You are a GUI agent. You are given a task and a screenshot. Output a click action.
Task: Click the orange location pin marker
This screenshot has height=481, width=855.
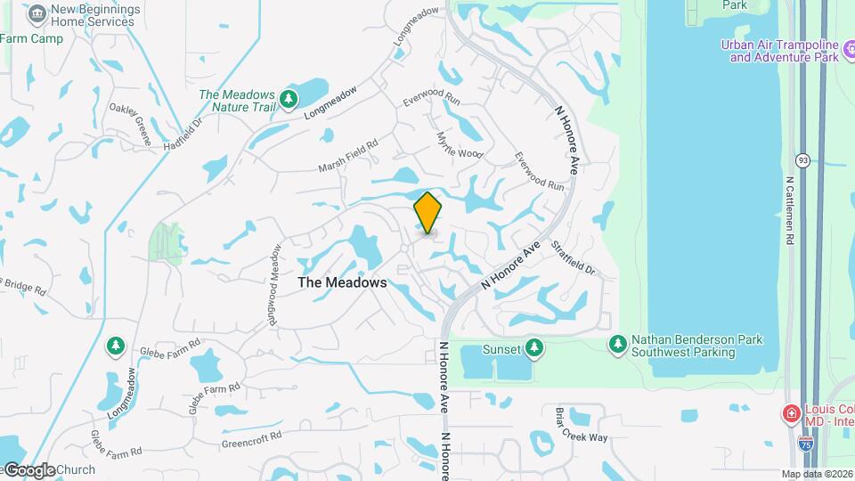pos(427,212)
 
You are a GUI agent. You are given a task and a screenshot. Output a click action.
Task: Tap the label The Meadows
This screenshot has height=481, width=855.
pos(342,282)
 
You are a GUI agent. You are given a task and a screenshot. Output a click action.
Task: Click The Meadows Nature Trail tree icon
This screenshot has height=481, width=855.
pos(288,100)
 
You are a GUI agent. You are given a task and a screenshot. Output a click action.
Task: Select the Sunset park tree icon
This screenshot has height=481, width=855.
pos(533,346)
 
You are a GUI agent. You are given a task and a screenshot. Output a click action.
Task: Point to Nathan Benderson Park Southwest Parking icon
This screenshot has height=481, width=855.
pos(617,344)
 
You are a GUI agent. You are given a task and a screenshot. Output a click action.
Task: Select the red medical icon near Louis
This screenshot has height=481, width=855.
pos(789,413)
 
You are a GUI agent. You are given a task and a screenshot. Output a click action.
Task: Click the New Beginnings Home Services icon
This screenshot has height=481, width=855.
pos(37,13)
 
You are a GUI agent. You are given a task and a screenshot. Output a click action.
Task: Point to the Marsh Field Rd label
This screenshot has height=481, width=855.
pos(348,156)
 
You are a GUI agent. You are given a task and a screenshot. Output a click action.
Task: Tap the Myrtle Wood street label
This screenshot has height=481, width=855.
pos(459,145)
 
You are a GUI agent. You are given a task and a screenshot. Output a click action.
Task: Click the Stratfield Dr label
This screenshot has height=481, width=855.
pos(572,257)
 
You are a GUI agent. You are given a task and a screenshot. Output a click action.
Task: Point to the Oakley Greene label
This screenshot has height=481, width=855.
pos(130,124)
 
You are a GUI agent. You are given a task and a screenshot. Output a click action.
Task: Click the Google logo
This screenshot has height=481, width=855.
pos(30,470)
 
